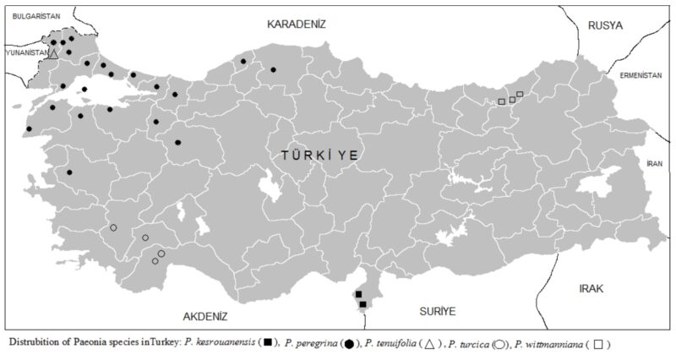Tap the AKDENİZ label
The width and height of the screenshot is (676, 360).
point(206,316)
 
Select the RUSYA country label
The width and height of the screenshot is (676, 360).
point(606,25)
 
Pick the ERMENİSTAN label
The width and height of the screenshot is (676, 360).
point(639,75)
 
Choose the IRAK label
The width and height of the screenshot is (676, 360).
point(592,288)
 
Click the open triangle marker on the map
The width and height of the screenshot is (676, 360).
point(52,53)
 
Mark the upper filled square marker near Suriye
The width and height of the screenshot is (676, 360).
point(359,294)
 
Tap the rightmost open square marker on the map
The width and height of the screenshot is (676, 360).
point(520,94)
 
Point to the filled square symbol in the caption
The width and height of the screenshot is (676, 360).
point(268,345)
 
